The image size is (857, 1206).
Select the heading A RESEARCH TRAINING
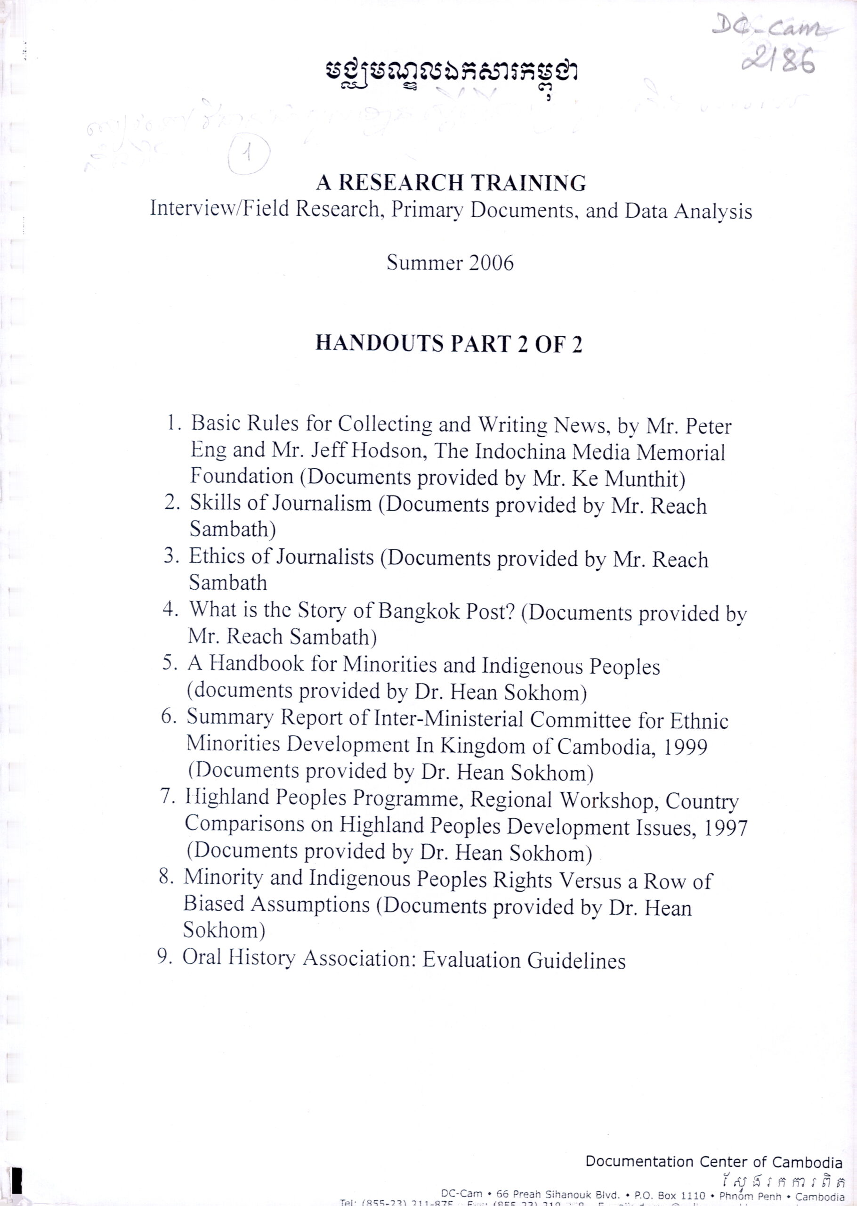451,183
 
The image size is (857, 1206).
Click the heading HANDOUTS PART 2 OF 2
449,343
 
